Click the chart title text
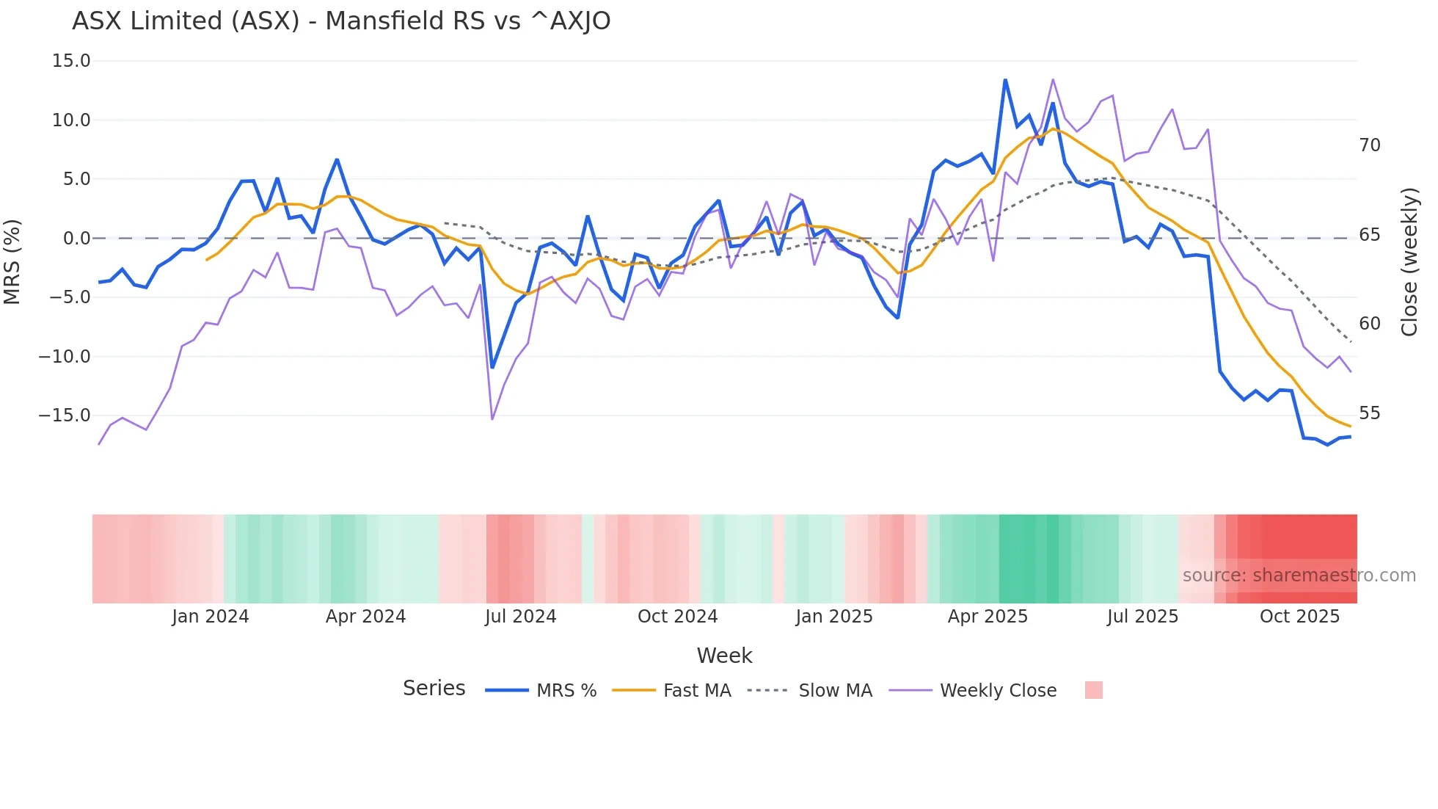[341, 21]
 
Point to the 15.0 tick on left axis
[71, 61]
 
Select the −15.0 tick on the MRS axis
[65, 416]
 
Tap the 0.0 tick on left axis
[76, 239]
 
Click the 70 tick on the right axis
[1370, 145]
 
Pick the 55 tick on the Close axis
[1370, 413]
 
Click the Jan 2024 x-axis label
[211, 617]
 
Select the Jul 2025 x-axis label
[1142, 617]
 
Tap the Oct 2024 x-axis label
[677, 617]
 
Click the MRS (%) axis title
[12, 261]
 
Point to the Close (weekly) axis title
[1409, 262]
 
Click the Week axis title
[724, 656]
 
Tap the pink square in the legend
[1093, 690]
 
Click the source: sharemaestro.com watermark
[1299, 576]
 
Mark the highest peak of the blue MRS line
[1005, 80]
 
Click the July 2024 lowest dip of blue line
[492, 367]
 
